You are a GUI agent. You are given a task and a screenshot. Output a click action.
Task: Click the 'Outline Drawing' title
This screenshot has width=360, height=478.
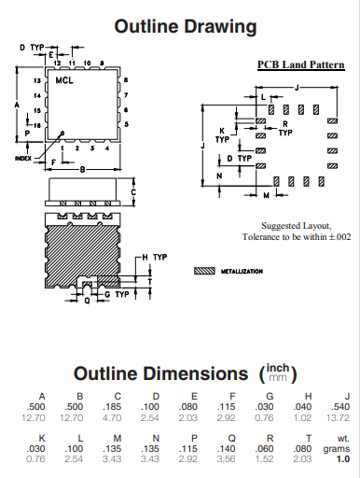pos(186,26)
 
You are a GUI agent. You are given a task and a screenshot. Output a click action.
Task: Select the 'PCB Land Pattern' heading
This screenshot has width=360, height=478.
pos(301,64)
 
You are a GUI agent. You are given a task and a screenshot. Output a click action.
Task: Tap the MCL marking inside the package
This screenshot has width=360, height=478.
pos(64,80)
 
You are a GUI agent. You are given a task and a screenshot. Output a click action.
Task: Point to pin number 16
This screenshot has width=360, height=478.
pos(37,125)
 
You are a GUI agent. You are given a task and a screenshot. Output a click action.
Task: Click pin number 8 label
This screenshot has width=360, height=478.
pos(126,80)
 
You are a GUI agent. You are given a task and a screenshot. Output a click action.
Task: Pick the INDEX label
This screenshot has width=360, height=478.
pos(23,159)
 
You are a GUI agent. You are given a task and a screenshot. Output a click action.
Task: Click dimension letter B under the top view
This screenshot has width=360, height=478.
pos(82,170)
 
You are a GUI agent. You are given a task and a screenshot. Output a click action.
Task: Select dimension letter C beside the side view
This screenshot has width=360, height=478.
pos(133,192)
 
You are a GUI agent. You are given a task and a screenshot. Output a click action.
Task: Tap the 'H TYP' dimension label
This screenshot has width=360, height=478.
pos(155,258)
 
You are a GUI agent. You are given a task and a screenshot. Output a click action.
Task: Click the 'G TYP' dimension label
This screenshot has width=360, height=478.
pos(117,294)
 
